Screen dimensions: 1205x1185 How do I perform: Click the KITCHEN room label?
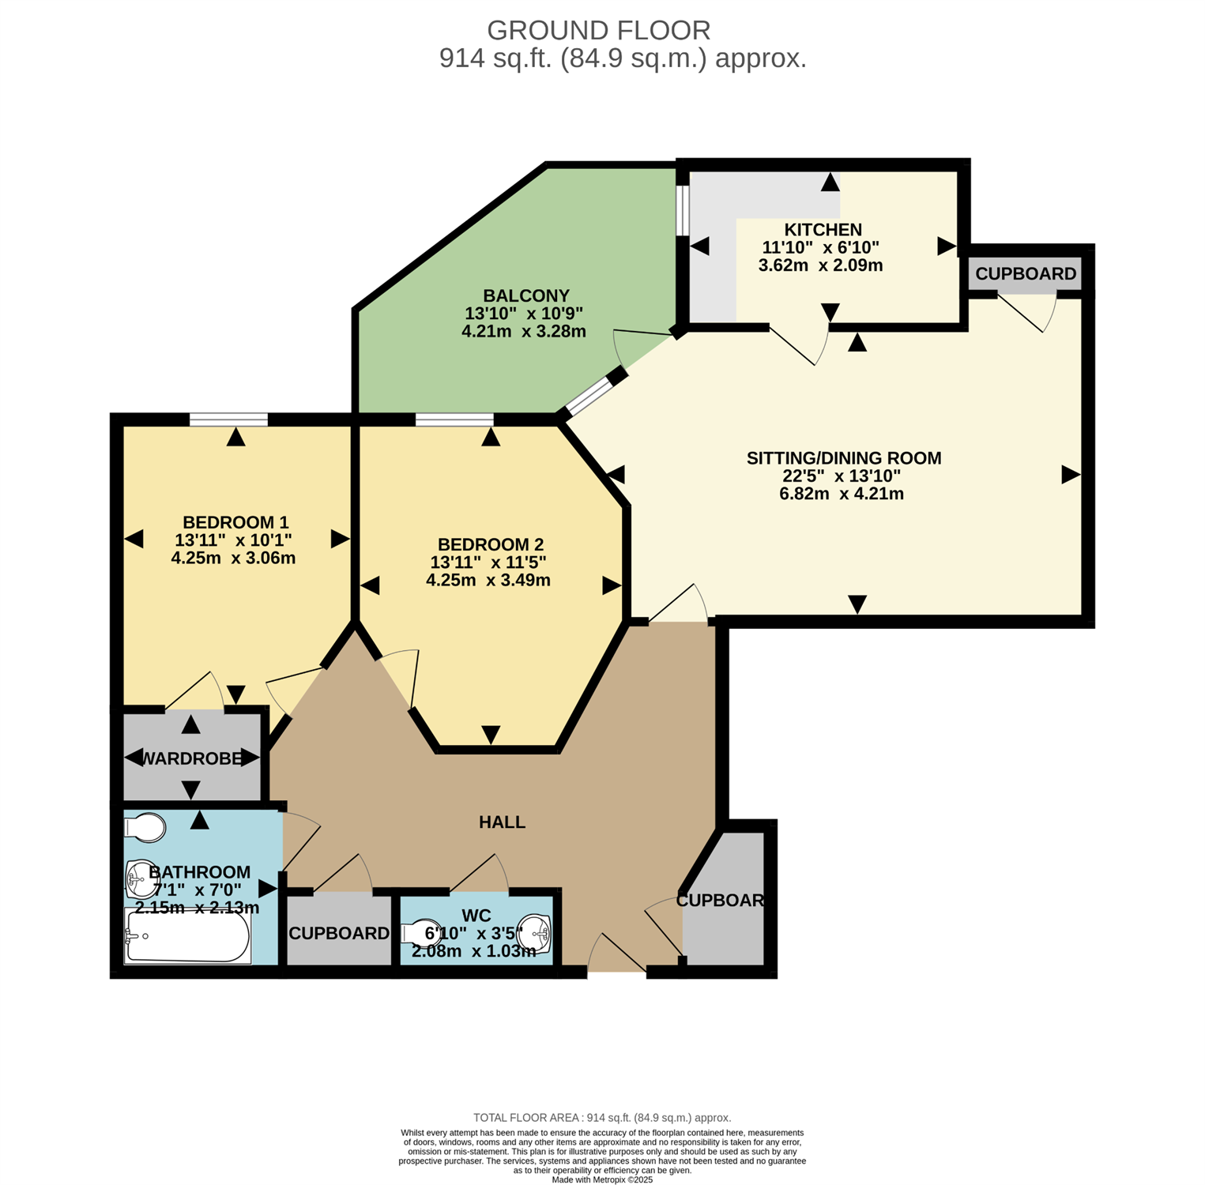click(823, 230)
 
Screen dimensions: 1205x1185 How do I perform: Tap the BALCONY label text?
click(526, 295)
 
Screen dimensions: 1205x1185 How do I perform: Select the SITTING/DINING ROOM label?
click(844, 458)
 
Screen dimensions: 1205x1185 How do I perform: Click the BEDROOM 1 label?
click(235, 522)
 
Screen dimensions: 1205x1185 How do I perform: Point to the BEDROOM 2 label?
click(491, 544)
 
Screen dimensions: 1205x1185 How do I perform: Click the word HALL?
click(502, 822)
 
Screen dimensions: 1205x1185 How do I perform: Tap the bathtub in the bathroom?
click(187, 936)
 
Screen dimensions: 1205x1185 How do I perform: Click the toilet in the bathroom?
click(145, 827)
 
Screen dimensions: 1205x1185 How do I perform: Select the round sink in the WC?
click(536, 934)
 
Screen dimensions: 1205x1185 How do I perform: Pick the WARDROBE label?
click(190, 759)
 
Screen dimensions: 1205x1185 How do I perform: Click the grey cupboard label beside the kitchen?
click(1026, 274)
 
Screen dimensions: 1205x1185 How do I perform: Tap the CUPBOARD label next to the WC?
click(339, 934)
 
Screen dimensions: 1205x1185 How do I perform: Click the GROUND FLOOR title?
click(598, 31)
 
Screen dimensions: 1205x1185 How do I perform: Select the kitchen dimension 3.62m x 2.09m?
click(820, 265)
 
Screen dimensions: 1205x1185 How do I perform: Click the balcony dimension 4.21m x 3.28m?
click(524, 332)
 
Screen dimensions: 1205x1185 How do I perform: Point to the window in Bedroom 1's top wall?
click(228, 419)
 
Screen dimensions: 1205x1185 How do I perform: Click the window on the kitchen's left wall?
click(683, 210)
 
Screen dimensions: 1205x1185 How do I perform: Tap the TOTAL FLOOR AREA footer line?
click(602, 1118)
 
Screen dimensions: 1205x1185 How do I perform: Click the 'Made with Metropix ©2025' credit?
click(602, 1179)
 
